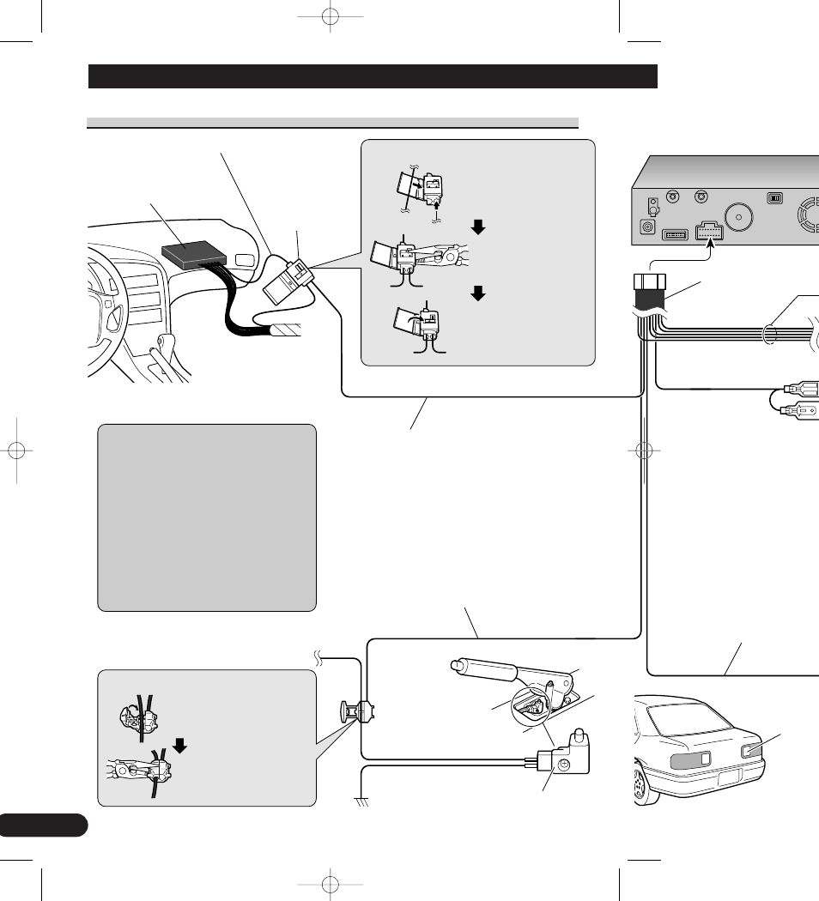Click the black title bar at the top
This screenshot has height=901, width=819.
point(373,76)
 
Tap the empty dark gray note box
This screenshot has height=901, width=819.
point(207,517)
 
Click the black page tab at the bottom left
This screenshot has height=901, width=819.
point(43,825)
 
